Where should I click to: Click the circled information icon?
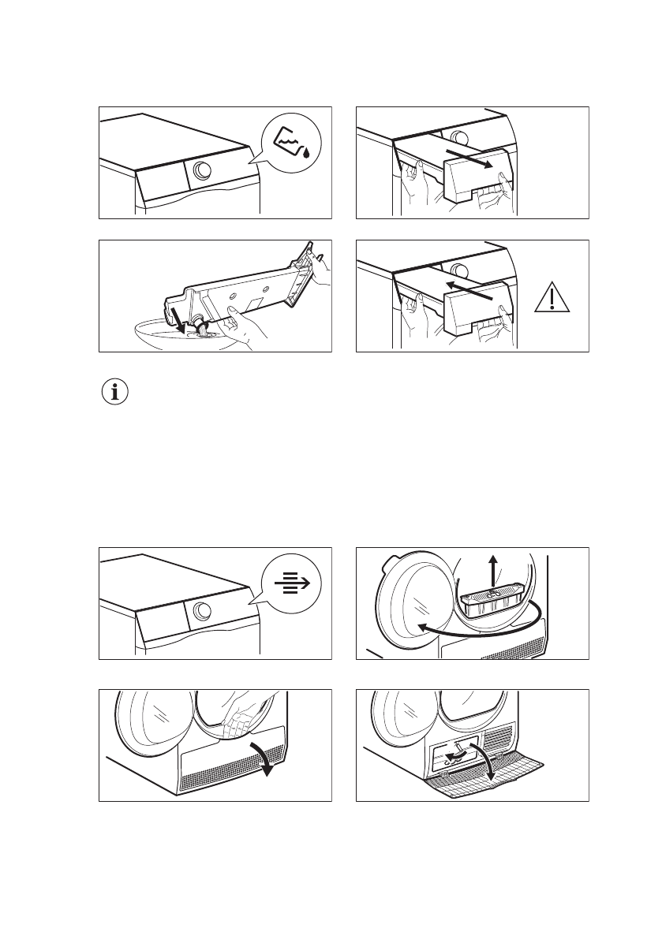(115, 393)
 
